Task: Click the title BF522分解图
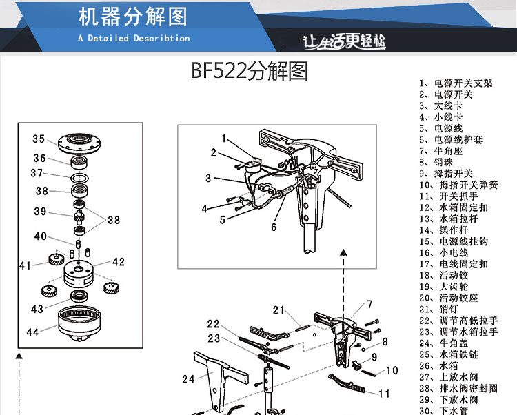(250, 71)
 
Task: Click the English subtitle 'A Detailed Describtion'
(134, 38)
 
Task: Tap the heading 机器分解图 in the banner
(133, 17)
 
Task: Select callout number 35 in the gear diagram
(39, 139)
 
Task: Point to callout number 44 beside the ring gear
(32, 332)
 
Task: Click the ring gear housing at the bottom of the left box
(79, 324)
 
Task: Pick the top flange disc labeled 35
(79, 143)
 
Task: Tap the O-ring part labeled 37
(79, 178)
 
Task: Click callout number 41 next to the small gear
(25, 265)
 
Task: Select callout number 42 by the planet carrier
(119, 262)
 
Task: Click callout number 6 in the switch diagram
(274, 227)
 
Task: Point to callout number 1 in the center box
(224, 138)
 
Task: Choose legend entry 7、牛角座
(441, 151)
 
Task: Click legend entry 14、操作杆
(444, 230)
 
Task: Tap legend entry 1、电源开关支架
(456, 83)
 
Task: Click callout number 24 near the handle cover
(188, 379)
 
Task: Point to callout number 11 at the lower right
(384, 394)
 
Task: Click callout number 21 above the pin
(278, 310)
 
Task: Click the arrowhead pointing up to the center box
(343, 252)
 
